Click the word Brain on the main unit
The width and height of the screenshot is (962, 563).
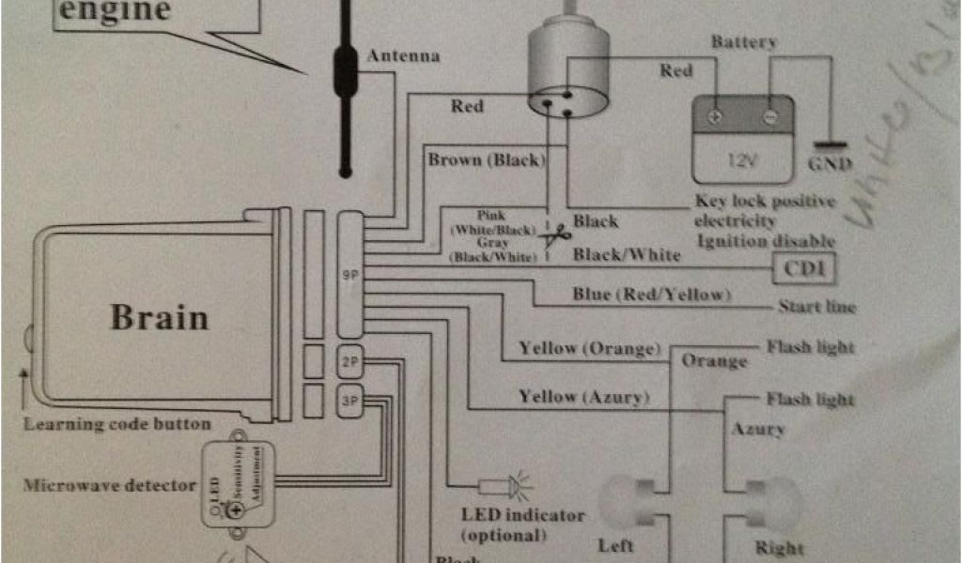coord(159,316)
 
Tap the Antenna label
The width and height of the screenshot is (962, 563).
coord(403,56)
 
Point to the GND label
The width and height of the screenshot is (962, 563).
coord(830,164)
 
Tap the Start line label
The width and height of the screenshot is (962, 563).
coord(816,307)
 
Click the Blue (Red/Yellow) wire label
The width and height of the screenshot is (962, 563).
coord(650,295)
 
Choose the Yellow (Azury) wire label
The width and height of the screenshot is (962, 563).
coord(583,397)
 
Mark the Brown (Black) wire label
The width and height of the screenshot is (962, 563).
coord(486,160)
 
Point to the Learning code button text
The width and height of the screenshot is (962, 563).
coord(117,424)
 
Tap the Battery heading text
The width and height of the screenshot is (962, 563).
coord(743,42)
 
